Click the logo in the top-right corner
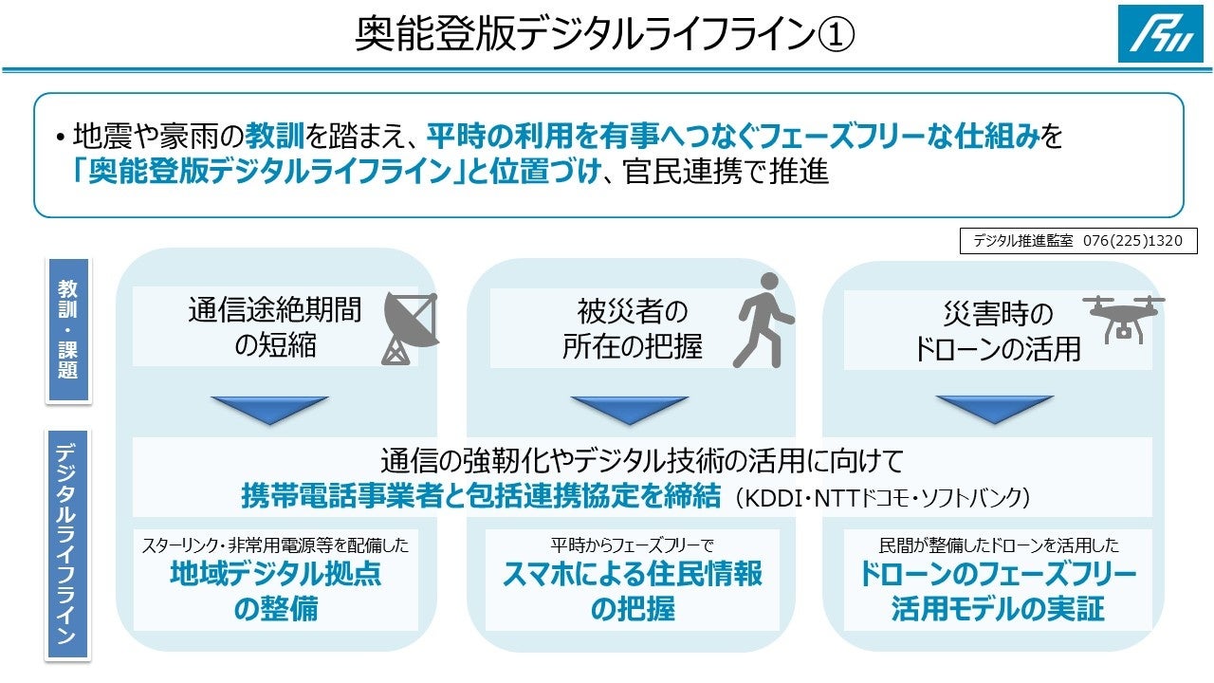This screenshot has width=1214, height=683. (x=1160, y=34)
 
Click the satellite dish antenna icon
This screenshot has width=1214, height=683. (x=409, y=328)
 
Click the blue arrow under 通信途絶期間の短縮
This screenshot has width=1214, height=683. (x=270, y=409)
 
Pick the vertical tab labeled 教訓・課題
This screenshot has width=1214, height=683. (x=68, y=328)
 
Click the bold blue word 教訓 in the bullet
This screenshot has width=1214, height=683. (x=274, y=138)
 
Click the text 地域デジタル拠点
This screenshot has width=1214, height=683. (x=275, y=575)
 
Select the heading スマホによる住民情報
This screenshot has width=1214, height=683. (x=632, y=575)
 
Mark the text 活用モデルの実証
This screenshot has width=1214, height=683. (x=998, y=609)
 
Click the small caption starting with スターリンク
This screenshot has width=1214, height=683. (x=275, y=546)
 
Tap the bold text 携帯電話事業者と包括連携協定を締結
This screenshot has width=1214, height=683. (x=481, y=496)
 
